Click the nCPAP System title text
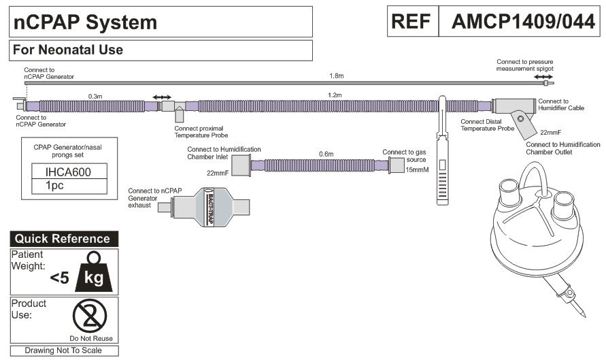(x=85, y=22)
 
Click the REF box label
(x=413, y=22)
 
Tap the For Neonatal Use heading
(x=67, y=50)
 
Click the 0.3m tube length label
(x=95, y=97)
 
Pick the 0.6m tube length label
(x=326, y=154)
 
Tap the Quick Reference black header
(x=63, y=239)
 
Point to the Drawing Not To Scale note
(x=63, y=350)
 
